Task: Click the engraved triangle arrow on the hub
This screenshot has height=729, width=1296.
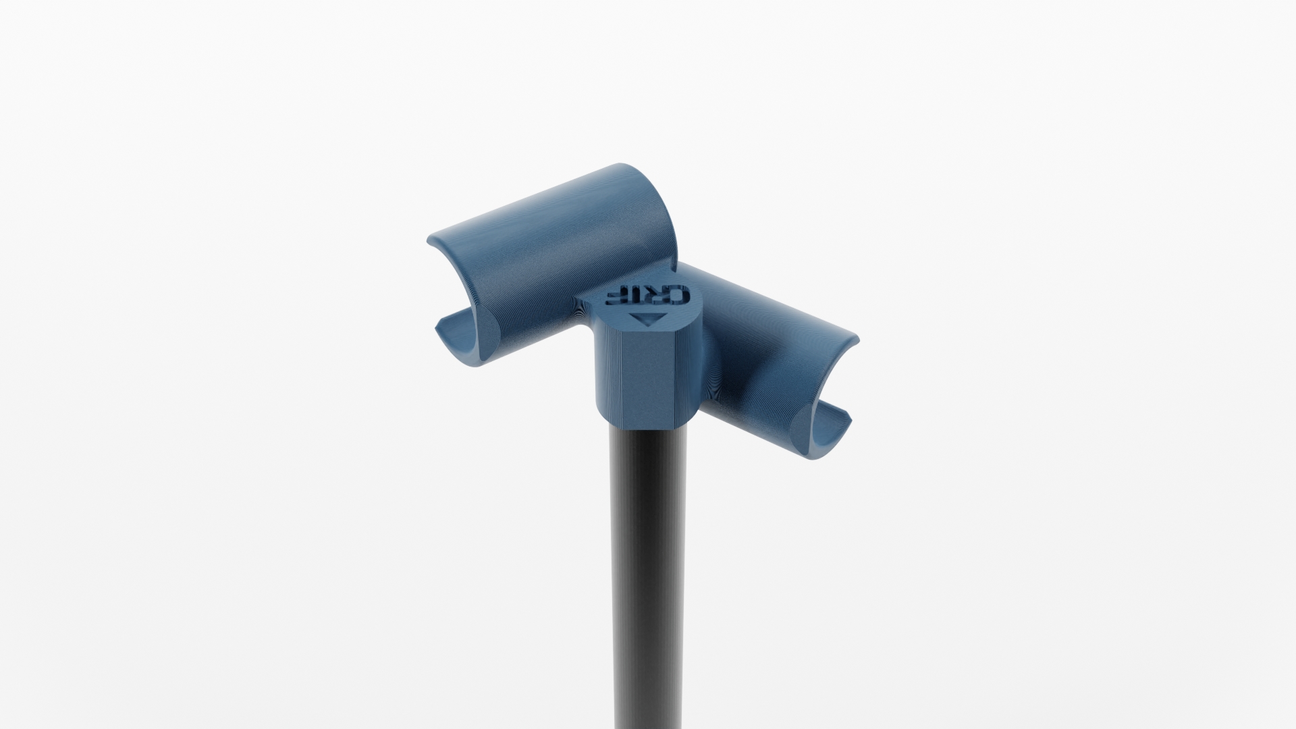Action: point(648,319)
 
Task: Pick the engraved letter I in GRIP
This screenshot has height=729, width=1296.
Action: point(636,295)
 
